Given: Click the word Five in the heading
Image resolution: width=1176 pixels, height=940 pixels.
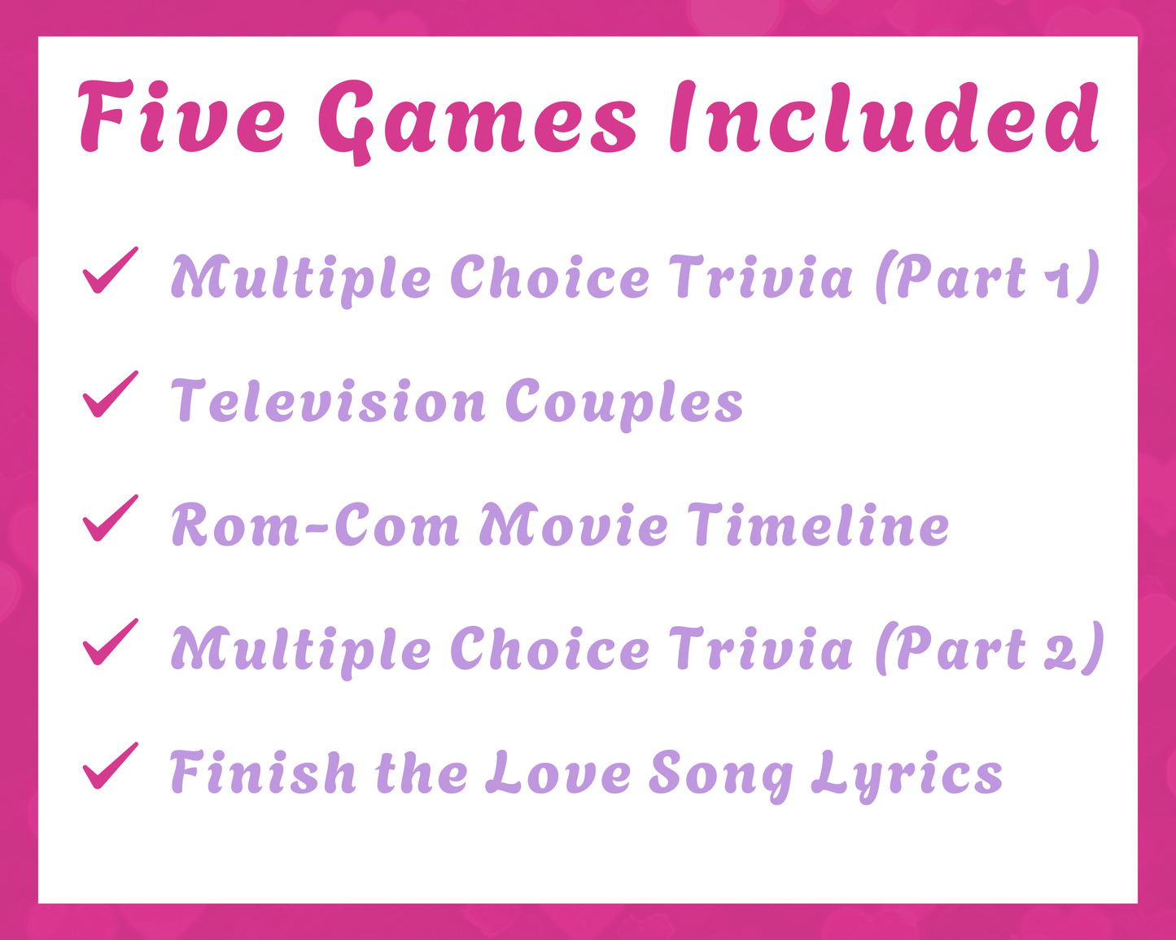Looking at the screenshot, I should tap(182, 119).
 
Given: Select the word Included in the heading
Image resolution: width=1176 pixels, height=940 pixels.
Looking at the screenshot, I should tap(883, 119).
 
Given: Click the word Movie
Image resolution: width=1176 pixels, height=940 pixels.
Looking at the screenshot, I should tap(574, 524).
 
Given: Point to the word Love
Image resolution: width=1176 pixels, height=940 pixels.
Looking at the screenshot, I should tap(558, 772).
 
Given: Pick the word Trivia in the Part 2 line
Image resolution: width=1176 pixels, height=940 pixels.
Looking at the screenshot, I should tap(762, 650).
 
